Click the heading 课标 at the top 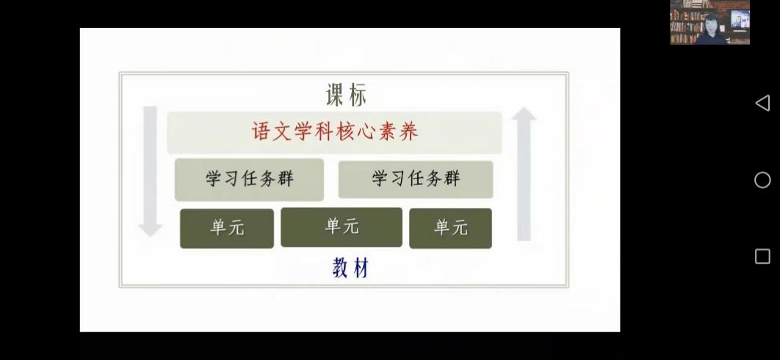pos(347,95)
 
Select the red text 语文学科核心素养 pos(335,132)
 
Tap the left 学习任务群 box pos(249,180)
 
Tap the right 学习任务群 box pos(416,179)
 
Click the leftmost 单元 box pos(227,228)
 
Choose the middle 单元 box pos(342,227)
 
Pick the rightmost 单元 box pos(451,228)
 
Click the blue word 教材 pos(350,268)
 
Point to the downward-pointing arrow pos(151,171)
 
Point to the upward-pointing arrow pos(524,174)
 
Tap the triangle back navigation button pos(762,103)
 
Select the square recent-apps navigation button pos(762,256)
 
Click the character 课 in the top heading pos(335,95)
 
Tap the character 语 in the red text pos(261,132)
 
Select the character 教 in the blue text pos(341,269)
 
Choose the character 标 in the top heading pos(358,95)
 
